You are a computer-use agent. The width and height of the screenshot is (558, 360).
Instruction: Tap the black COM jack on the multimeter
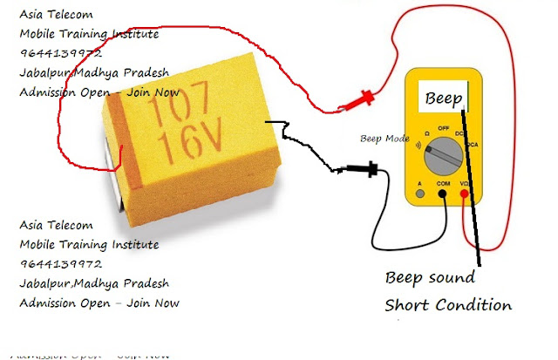tap(444, 195)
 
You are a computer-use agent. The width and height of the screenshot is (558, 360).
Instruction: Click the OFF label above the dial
tap(444, 127)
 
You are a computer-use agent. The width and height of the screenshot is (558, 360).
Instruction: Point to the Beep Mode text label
tap(384, 139)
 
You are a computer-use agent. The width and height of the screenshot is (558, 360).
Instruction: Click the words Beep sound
tap(431, 278)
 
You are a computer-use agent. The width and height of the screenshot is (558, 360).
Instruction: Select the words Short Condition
tap(448, 305)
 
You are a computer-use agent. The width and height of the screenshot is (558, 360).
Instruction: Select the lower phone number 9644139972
tap(61, 263)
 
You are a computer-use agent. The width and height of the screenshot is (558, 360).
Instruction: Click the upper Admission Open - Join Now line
tap(99, 92)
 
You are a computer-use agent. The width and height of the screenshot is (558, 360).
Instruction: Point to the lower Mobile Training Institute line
tap(89, 244)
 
